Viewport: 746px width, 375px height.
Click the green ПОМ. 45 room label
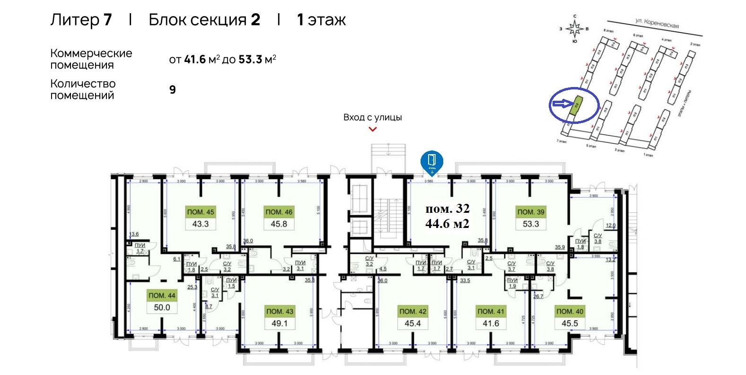tap(200, 212)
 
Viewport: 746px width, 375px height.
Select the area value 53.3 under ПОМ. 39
tap(530, 224)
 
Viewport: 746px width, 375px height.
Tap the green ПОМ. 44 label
tap(162, 296)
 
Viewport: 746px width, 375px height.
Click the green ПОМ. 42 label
tap(413, 312)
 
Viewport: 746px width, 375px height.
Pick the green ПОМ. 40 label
tap(570, 312)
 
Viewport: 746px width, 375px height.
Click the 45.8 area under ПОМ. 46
tap(279, 224)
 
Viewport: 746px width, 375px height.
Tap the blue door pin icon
tap(432, 161)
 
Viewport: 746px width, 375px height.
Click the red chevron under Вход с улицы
tap(373, 129)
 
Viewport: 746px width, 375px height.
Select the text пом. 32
tap(448, 209)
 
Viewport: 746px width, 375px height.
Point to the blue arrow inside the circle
tap(563, 103)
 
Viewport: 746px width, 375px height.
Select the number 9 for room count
tap(173, 89)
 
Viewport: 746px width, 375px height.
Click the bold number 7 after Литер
tap(107, 20)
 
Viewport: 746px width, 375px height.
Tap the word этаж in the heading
tap(326, 20)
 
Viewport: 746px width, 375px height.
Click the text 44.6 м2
tap(448, 224)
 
